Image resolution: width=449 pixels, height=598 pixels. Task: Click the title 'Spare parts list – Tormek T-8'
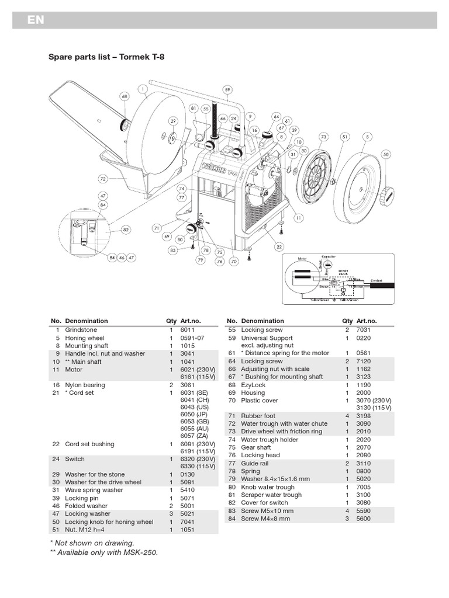(110, 58)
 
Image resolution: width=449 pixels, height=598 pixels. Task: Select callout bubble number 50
(385, 154)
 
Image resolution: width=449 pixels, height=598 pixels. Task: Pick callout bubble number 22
(279, 246)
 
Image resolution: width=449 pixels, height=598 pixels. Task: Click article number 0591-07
(192, 338)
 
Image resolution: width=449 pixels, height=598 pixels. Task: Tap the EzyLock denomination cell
(253, 385)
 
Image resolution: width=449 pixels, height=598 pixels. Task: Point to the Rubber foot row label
(258, 416)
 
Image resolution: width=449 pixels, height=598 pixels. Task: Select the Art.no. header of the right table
(367, 321)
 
